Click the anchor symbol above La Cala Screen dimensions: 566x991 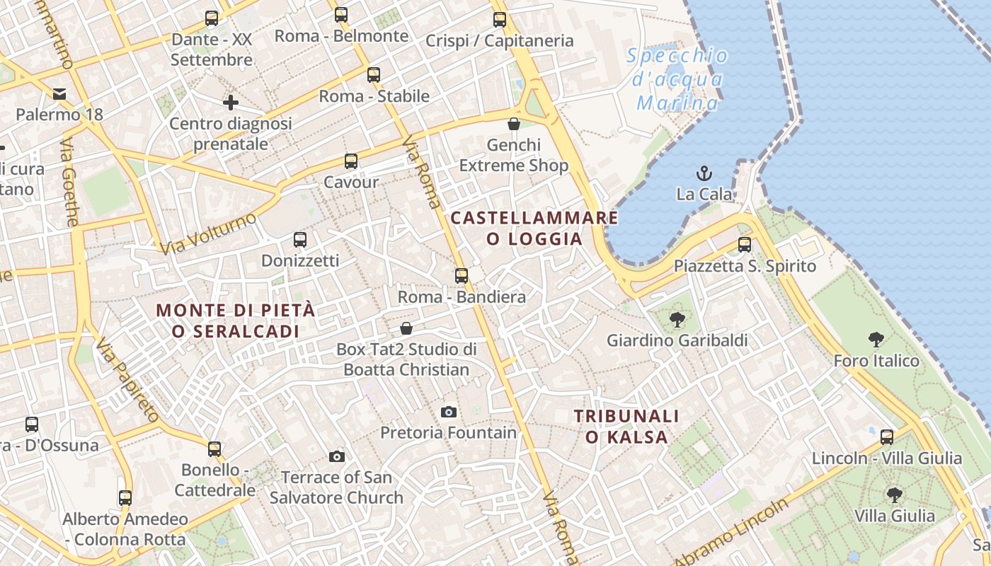point(704,173)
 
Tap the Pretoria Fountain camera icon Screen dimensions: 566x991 point(448,412)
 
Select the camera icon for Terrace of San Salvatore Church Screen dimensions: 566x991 point(337,457)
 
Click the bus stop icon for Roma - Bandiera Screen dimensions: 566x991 point(462,275)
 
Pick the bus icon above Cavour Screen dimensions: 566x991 point(351,161)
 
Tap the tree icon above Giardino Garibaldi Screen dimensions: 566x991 point(677,320)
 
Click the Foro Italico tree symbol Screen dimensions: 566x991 point(876,340)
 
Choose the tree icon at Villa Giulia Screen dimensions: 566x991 point(895,495)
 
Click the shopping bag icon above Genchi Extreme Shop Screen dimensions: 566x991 point(514,125)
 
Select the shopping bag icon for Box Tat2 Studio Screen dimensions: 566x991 point(406,328)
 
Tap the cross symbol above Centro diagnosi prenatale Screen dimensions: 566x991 point(231,103)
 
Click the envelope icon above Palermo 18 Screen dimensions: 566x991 point(59,93)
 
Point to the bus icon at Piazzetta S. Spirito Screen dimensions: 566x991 point(745,245)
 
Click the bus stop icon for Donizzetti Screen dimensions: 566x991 point(300,240)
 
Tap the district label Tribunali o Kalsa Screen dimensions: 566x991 point(626,427)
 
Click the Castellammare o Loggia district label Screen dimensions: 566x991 point(534,228)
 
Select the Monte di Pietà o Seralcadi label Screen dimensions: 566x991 point(236,320)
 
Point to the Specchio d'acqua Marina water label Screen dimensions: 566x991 point(677,80)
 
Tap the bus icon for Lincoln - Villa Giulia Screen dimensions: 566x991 point(887,437)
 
